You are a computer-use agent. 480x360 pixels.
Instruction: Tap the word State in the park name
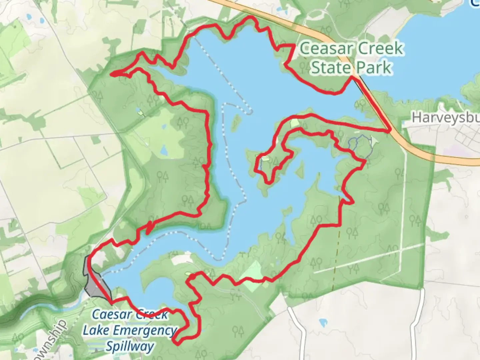(330, 68)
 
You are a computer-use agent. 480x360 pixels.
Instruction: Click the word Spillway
(130, 346)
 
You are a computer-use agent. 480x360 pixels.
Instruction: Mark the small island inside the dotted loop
(236, 122)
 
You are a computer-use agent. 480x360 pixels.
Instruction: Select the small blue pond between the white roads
(323, 323)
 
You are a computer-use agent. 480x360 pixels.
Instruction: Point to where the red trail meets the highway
(389, 131)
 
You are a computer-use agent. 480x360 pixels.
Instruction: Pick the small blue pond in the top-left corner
(29, 16)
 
